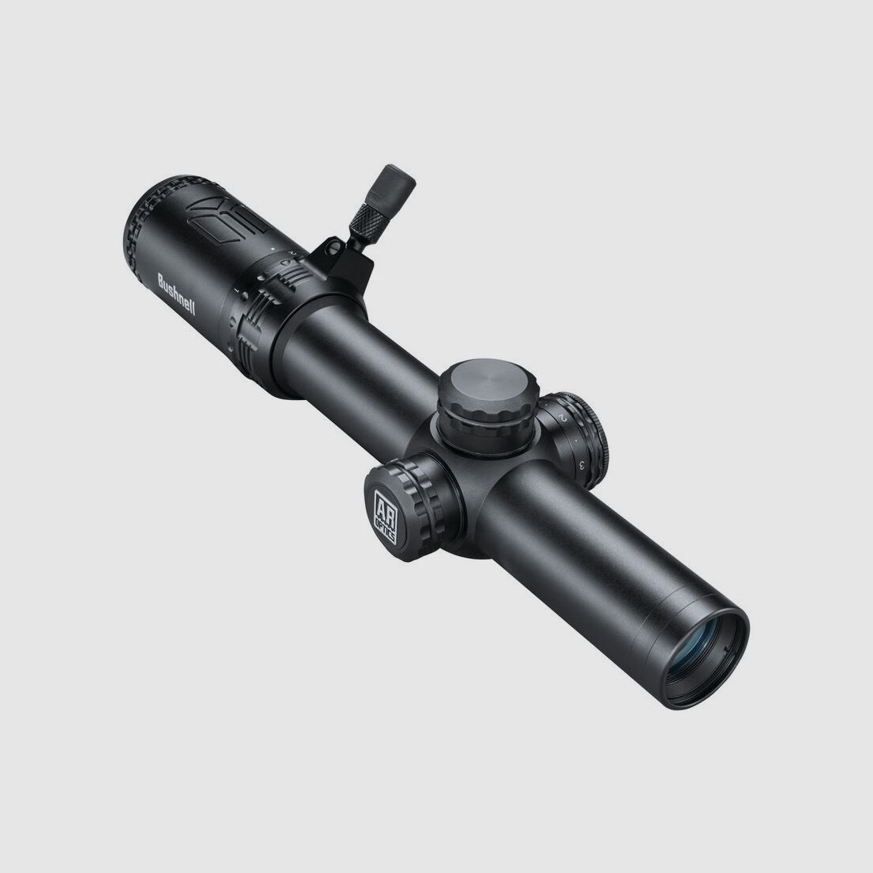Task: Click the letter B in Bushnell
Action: (x=160, y=279)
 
